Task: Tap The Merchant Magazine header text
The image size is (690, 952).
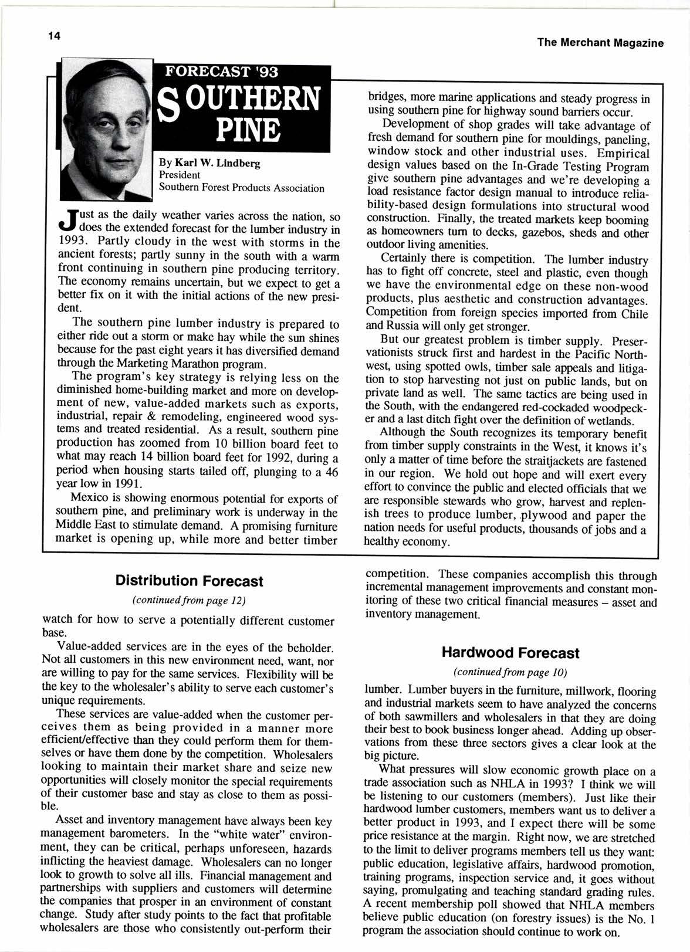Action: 600,43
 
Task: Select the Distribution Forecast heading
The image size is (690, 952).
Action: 189,581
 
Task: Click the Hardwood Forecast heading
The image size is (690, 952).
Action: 510,653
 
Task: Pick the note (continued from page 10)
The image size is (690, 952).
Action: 510,671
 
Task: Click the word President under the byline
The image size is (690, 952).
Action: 180,175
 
